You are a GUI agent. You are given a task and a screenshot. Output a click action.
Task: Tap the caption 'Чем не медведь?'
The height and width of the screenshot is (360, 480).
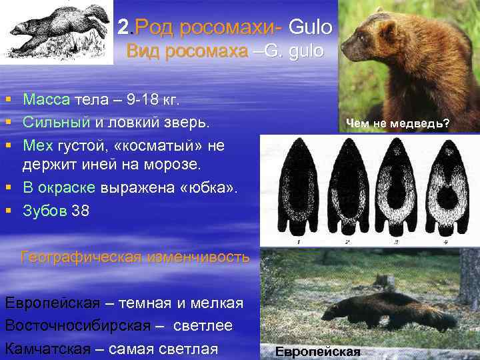(397, 124)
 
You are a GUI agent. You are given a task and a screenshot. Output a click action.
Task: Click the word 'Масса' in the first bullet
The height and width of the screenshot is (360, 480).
(47, 100)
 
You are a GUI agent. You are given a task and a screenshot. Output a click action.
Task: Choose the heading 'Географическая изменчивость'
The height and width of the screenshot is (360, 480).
(135, 256)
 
